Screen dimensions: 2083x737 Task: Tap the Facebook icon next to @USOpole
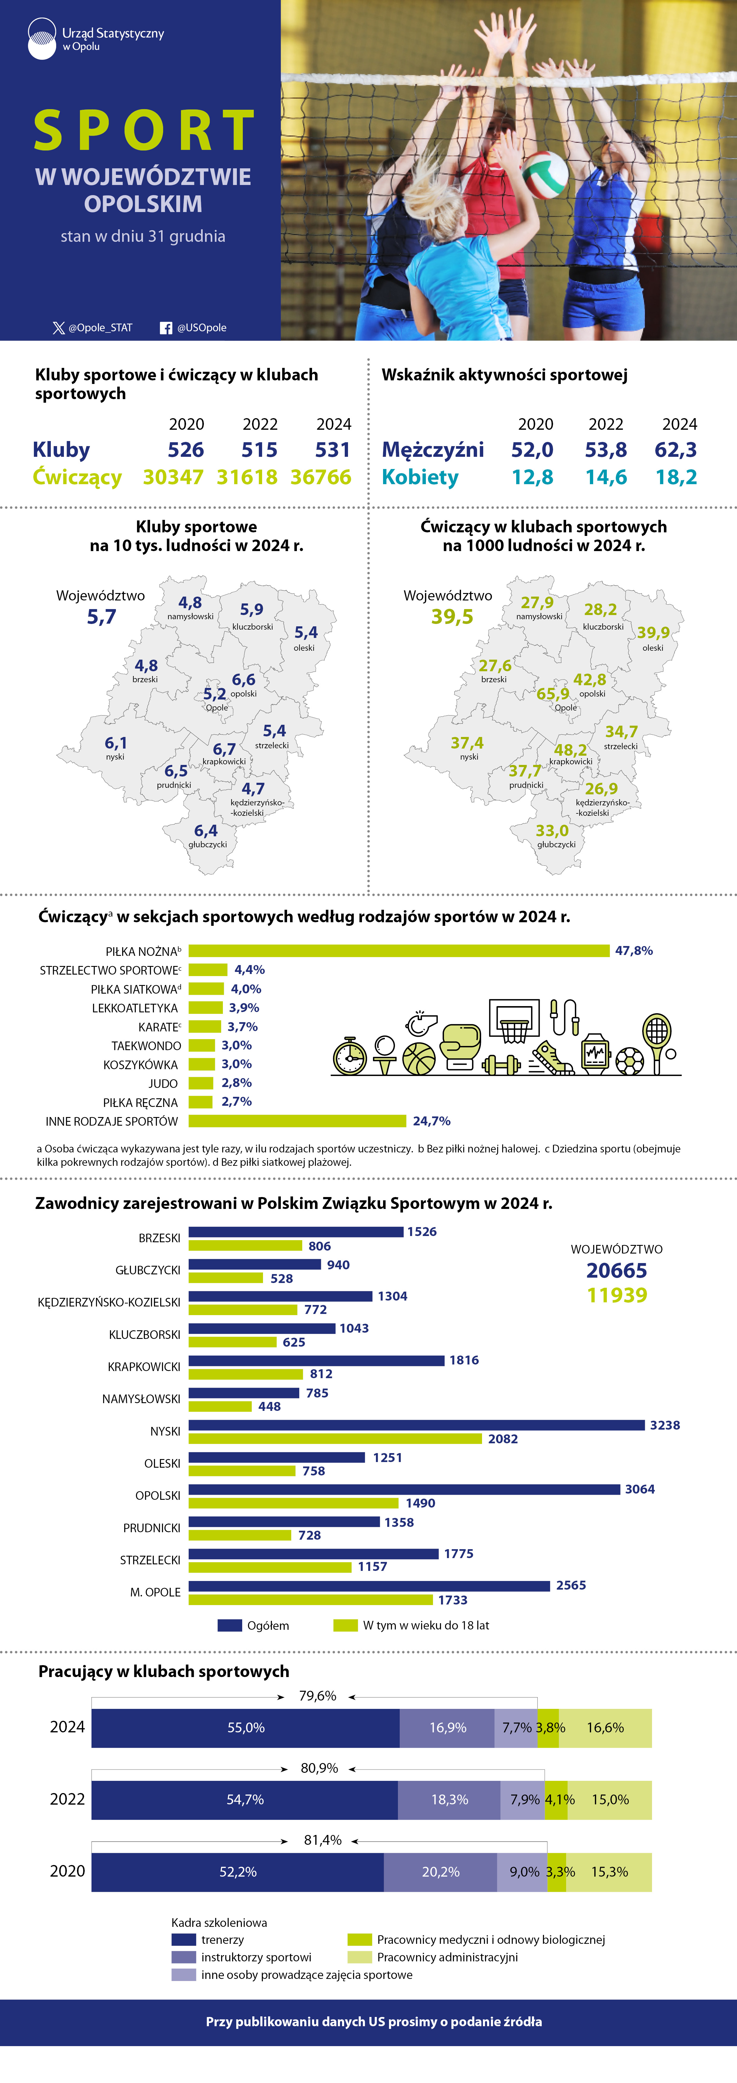pos(166,327)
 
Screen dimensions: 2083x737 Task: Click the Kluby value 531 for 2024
pos(333,450)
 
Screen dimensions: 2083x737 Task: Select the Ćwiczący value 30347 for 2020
pos(173,477)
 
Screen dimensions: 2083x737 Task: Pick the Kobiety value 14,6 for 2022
pos(606,477)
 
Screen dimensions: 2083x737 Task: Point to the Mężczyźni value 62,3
pos(675,450)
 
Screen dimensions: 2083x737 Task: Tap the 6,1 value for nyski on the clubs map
pos(116,742)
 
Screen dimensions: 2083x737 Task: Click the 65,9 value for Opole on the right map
pos(553,694)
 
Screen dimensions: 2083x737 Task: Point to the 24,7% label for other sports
pos(432,1121)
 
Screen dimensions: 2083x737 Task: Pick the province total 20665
pos(617,1270)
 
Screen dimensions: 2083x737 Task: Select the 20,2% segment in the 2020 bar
pos(440,1871)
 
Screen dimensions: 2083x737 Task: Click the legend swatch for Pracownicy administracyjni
pos(360,1957)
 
